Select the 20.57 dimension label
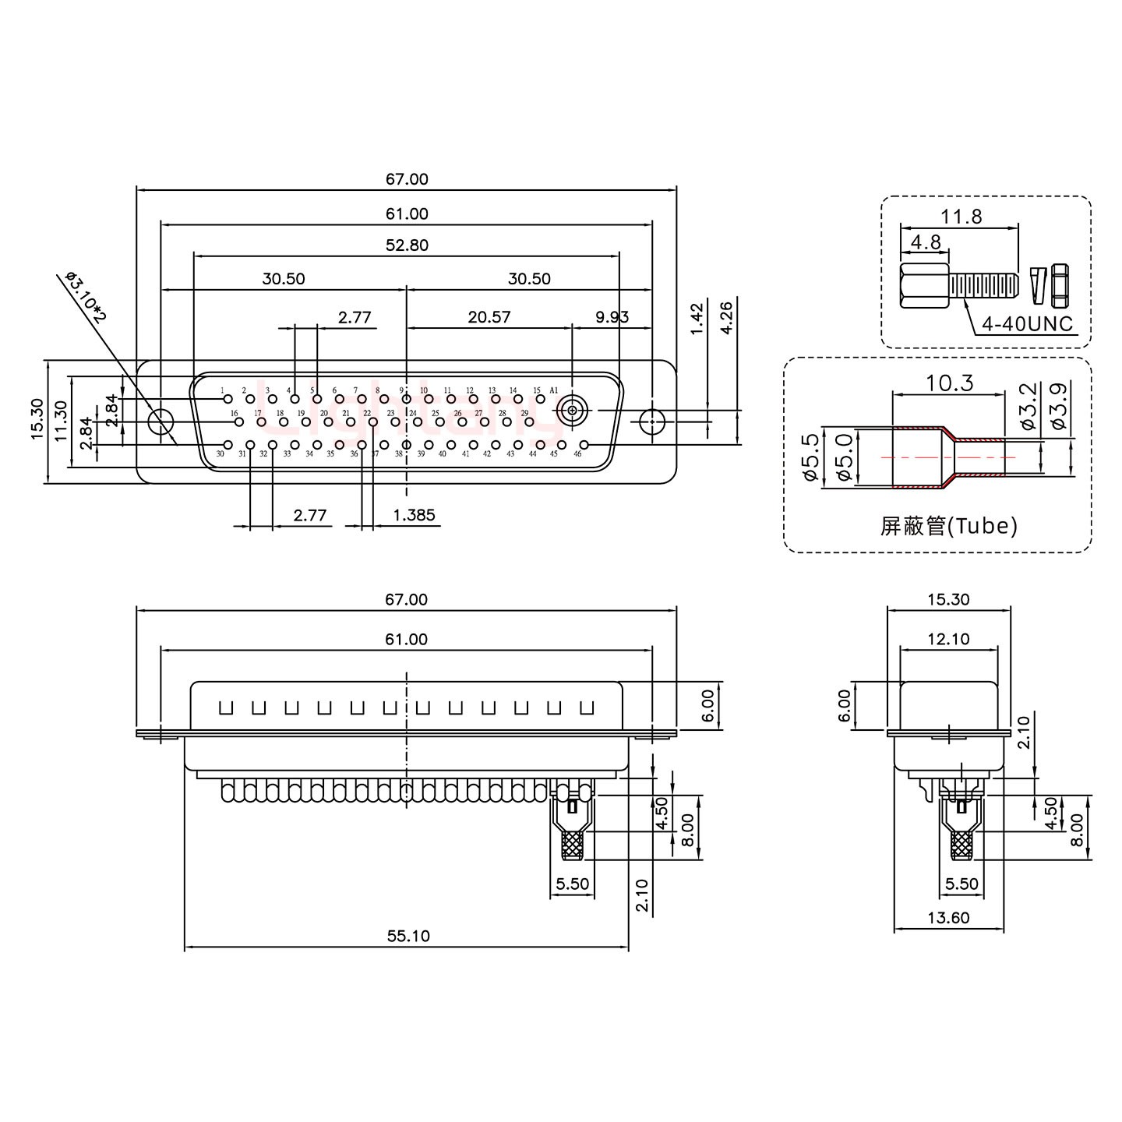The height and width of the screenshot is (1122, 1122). coord(489,317)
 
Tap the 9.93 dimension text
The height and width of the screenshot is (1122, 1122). coord(612,317)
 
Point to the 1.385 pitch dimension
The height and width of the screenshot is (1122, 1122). coord(414,515)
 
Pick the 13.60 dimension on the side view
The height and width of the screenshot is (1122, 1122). coord(948,918)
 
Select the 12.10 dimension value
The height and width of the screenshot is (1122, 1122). coord(948,640)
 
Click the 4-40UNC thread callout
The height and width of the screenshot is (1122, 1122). coord(1027,324)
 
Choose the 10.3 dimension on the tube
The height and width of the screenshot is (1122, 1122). coord(949,383)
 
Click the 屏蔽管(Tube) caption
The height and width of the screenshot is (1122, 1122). coord(948,527)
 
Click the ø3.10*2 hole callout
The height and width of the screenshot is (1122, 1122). coord(86,297)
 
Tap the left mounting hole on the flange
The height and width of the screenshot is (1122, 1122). coord(161,422)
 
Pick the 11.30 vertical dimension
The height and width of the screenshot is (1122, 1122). coord(62,421)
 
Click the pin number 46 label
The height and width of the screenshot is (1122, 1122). coord(577,453)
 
